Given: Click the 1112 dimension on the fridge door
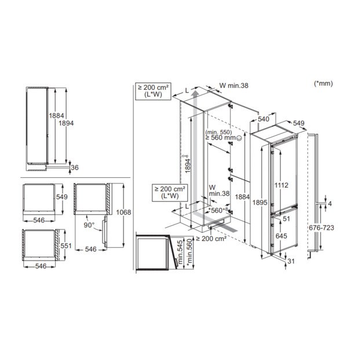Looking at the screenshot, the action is [x=281, y=185].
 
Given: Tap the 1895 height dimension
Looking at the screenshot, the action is [x=259, y=203].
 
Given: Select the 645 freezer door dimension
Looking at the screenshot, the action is [x=281, y=236].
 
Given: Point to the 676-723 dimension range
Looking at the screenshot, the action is [x=321, y=228].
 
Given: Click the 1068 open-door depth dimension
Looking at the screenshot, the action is [x=123, y=212].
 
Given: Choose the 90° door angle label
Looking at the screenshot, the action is [x=89, y=225].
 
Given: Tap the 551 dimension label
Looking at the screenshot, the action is [x=66, y=246].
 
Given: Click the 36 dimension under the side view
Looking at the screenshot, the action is [x=75, y=167].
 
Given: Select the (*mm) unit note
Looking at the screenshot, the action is [x=323, y=83].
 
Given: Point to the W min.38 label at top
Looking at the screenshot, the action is [x=234, y=85].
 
